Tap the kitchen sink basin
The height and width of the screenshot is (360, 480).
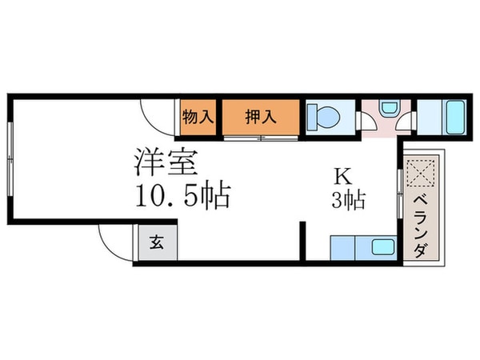(381, 249)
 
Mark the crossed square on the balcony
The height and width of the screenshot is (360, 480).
(419, 172)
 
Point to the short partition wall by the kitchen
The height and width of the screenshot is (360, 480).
(303, 240)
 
